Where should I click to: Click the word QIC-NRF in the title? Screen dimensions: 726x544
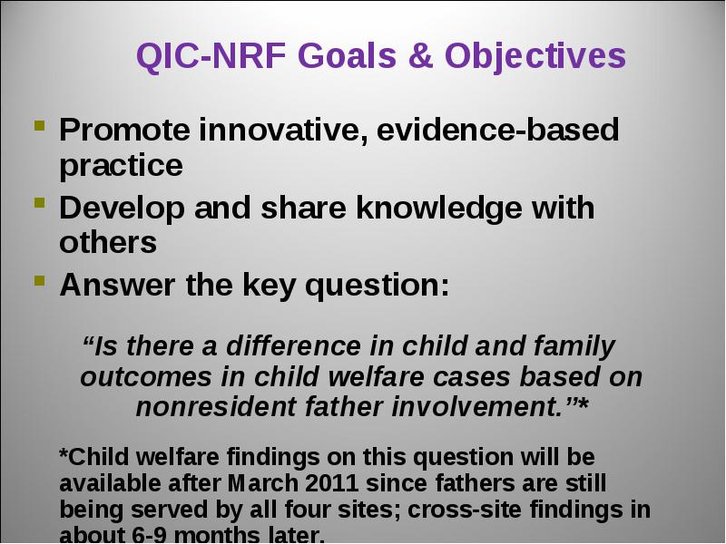(211, 56)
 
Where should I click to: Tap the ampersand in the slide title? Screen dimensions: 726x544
(420, 55)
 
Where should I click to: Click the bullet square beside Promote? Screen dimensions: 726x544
(40, 125)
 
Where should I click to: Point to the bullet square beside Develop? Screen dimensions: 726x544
(40, 203)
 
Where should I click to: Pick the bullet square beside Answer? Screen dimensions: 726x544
(40, 280)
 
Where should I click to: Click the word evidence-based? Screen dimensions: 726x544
(497, 129)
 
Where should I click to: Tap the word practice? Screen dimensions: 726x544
(122, 167)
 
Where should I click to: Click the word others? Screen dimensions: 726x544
(108, 242)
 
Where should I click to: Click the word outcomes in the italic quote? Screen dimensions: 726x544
(146, 377)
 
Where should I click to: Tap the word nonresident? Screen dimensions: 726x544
(216, 407)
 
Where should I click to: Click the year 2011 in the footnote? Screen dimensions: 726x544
(331, 483)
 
